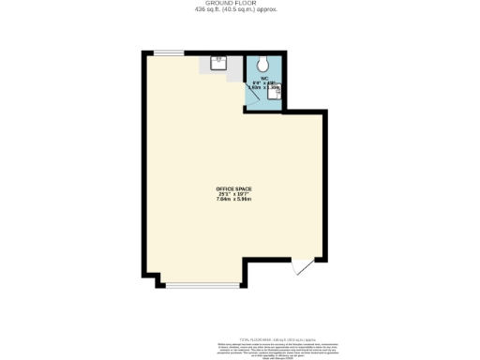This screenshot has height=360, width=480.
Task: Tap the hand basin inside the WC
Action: coord(275,92)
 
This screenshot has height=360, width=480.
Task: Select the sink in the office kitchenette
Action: coord(218,64)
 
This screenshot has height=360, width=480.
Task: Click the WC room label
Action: coord(264,78)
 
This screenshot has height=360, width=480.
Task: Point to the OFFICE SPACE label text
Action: coord(233,189)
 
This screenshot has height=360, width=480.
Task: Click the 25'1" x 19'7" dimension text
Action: coord(233,195)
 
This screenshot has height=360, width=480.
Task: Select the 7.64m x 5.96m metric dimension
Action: coord(233,201)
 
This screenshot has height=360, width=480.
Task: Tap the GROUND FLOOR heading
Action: coord(239,4)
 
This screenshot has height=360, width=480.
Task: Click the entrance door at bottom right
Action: coord(303,266)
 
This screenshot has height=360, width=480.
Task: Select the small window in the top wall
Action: coord(170,52)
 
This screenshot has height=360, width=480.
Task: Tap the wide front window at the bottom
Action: coord(202,285)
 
